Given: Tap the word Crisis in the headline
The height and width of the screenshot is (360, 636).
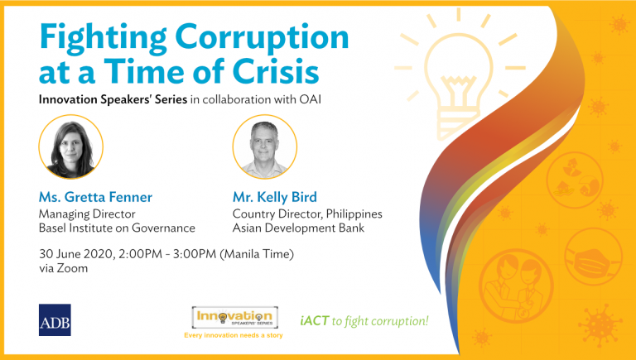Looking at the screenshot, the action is [276, 71].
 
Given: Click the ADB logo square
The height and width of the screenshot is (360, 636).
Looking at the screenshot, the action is [55, 320].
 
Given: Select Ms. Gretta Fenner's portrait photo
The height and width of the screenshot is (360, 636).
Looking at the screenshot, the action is [71, 146].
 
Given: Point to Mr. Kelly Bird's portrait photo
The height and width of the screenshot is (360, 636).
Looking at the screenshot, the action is [265, 146].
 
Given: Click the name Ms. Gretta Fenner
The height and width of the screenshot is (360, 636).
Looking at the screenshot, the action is [95, 197].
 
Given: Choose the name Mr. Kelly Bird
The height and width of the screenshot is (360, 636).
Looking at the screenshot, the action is [275, 197].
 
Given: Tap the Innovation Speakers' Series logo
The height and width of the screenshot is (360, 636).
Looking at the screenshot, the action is [235, 318].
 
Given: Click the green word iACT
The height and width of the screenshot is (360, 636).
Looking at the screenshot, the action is [315, 321].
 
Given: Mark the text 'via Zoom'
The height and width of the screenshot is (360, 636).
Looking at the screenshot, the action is [63, 268].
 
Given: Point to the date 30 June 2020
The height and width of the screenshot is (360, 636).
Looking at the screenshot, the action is [75, 254].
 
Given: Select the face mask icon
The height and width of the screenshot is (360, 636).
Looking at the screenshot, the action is [593, 257].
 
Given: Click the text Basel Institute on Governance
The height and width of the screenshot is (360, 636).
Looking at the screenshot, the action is [117, 228].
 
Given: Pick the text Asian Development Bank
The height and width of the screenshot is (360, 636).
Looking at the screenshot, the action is [298, 228].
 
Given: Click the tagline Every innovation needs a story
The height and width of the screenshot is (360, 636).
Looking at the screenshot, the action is [234, 335].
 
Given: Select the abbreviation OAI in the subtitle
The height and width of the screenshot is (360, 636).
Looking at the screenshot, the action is [311, 99].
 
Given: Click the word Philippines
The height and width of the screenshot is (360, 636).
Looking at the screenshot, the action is [354, 214].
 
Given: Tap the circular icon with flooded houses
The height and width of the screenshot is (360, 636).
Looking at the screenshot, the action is [575, 180].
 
